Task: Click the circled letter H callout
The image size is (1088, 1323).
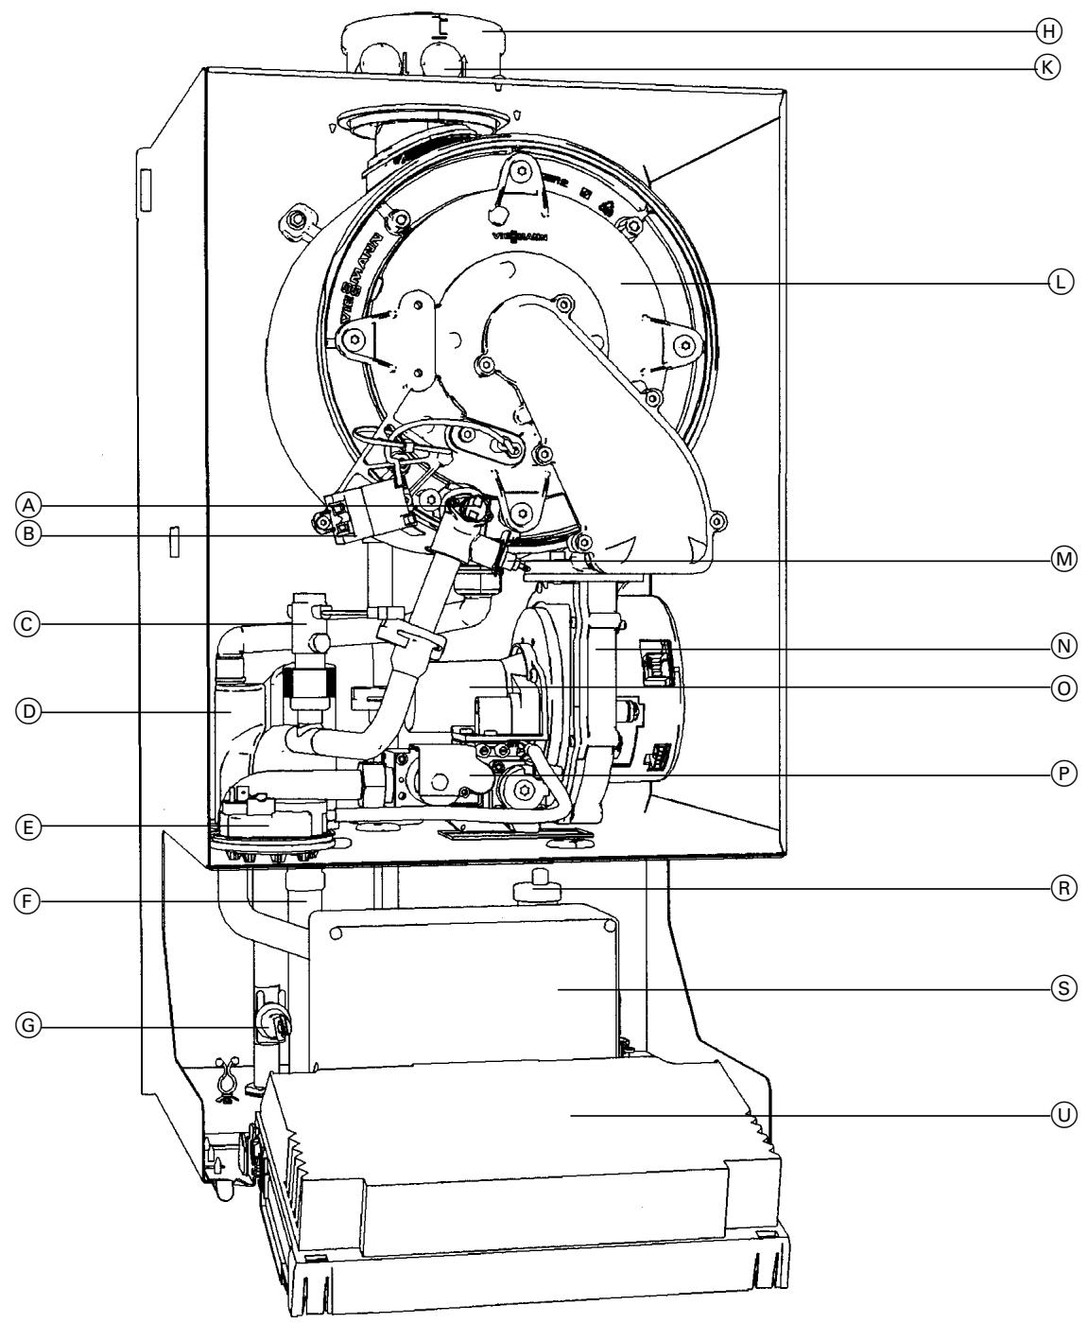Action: click(1046, 31)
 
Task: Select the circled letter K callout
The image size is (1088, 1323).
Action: click(1046, 68)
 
